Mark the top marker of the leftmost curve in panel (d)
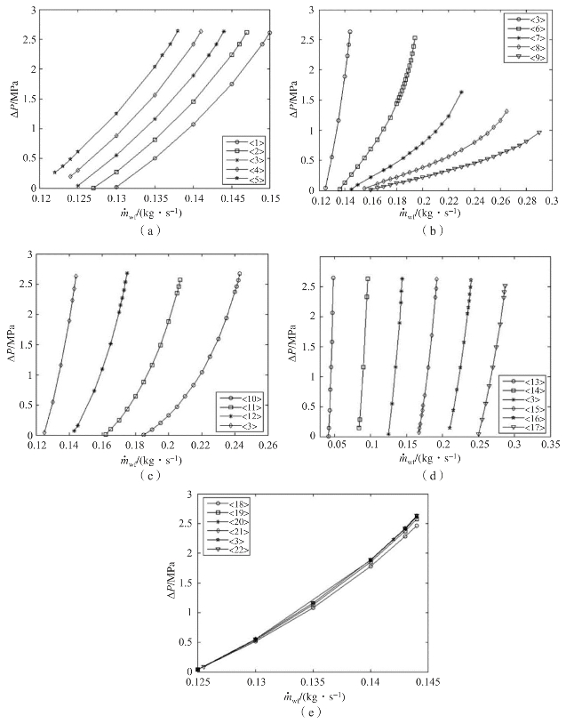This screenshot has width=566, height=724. point(333,278)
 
